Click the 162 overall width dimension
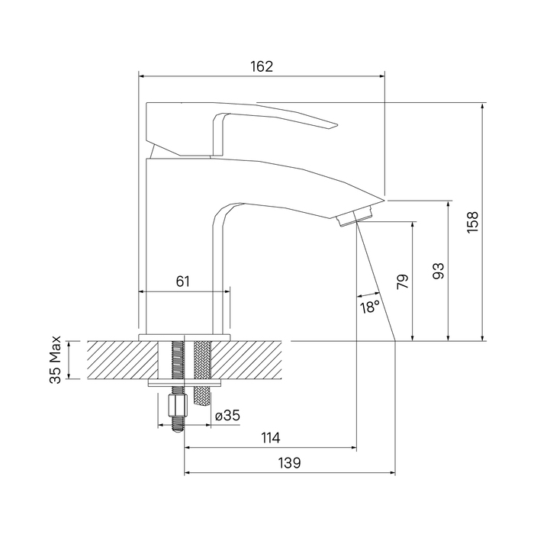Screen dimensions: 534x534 (x=262, y=66)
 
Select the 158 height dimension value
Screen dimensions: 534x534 (x=473, y=221)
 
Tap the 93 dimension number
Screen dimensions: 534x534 (x=438, y=270)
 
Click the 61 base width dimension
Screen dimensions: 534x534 (x=183, y=281)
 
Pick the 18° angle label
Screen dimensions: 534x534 (x=369, y=307)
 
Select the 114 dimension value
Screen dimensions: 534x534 (x=270, y=438)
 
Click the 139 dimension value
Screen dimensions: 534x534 (x=288, y=463)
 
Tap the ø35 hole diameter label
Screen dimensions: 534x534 (x=227, y=416)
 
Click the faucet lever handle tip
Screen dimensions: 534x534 (x=333, y=125)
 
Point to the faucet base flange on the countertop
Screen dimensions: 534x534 (x=184, y=336)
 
